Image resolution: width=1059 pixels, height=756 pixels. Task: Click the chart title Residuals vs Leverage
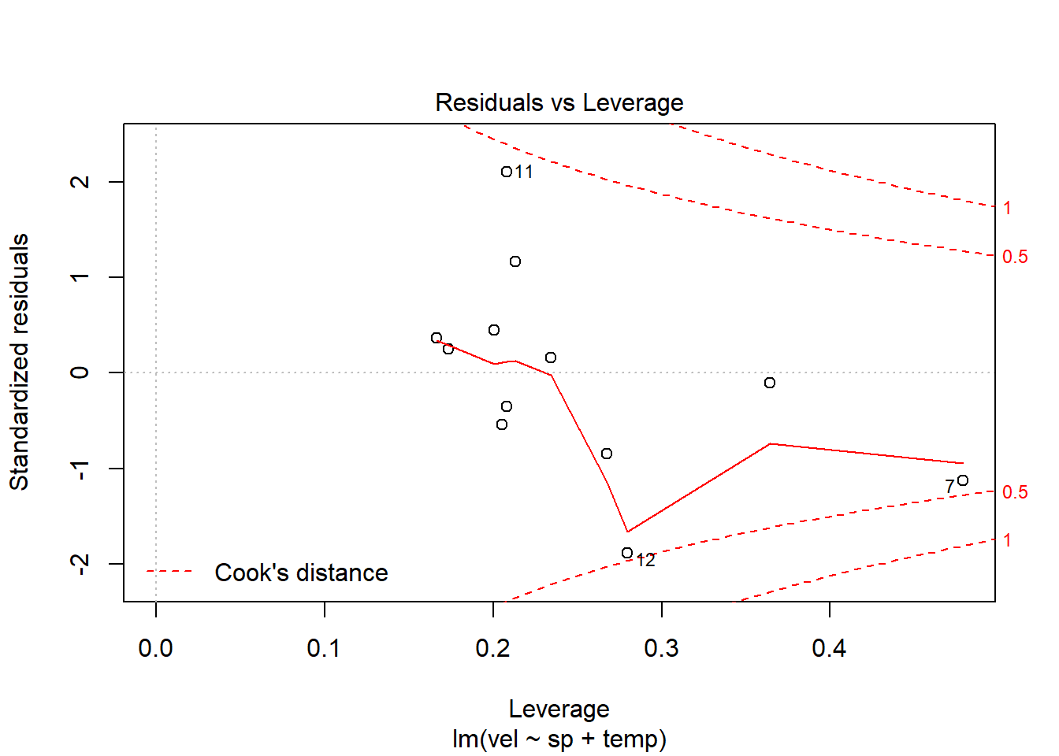[x=559, y=103]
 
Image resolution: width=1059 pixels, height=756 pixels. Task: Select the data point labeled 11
[x=507, y=172]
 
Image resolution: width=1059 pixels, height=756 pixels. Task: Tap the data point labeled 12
[x=627, y=554]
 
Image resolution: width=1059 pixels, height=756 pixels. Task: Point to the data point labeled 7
[x=963, y=480]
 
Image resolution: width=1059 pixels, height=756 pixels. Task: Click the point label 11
[x=524, y=172]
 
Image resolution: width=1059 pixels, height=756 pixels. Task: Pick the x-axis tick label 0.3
[x=661, y=648]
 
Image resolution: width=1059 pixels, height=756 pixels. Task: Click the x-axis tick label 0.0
[x=155, y=648]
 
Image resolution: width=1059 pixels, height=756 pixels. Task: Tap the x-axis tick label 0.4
[x=829, y=648]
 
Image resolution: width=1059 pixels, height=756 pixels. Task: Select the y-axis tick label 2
[x=80, y=182]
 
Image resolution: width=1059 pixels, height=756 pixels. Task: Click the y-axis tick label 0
[x=80, y=372]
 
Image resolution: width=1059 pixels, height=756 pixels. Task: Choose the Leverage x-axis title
[x=559, y=709]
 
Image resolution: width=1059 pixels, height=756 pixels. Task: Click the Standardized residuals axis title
[x=20, y=362]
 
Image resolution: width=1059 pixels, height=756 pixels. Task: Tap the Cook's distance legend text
[x=301, y=573]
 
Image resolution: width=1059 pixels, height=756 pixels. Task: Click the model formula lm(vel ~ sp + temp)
[x=559, y=739]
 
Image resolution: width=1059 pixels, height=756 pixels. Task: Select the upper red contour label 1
[x=1007, y=208]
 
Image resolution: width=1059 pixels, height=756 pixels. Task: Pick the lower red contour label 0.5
[x=1015, y=492]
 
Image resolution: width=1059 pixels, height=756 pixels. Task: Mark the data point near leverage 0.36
[x=770, y=383]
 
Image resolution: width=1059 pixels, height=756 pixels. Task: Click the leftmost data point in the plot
[x=437, y=338]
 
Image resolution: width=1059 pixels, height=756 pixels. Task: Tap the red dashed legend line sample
[x=169, y=572]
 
